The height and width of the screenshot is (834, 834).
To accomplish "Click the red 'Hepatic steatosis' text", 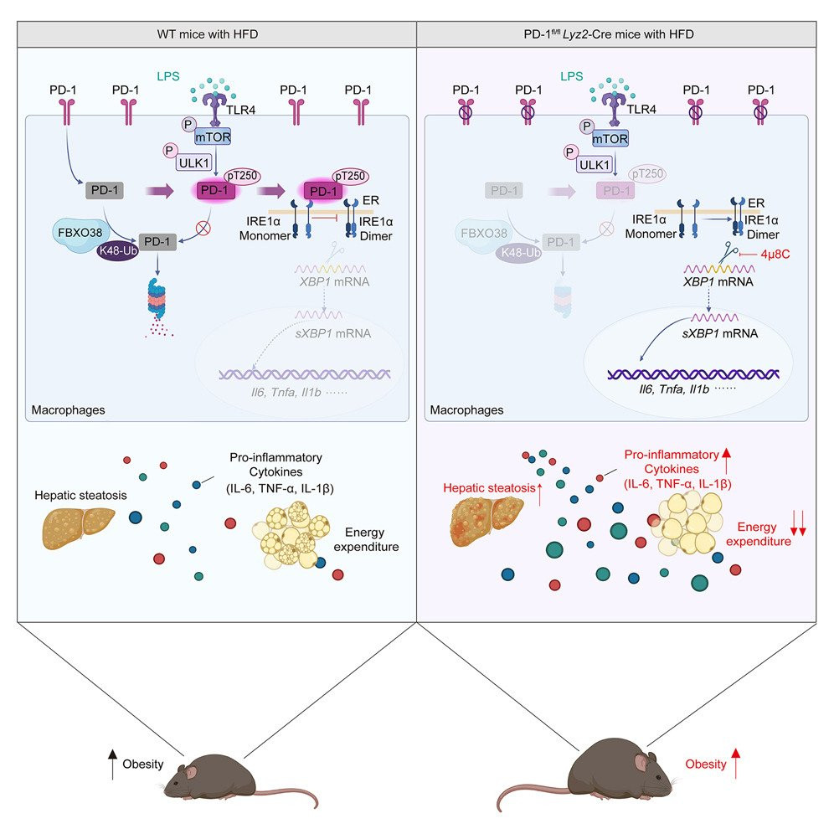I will [480, 490].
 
